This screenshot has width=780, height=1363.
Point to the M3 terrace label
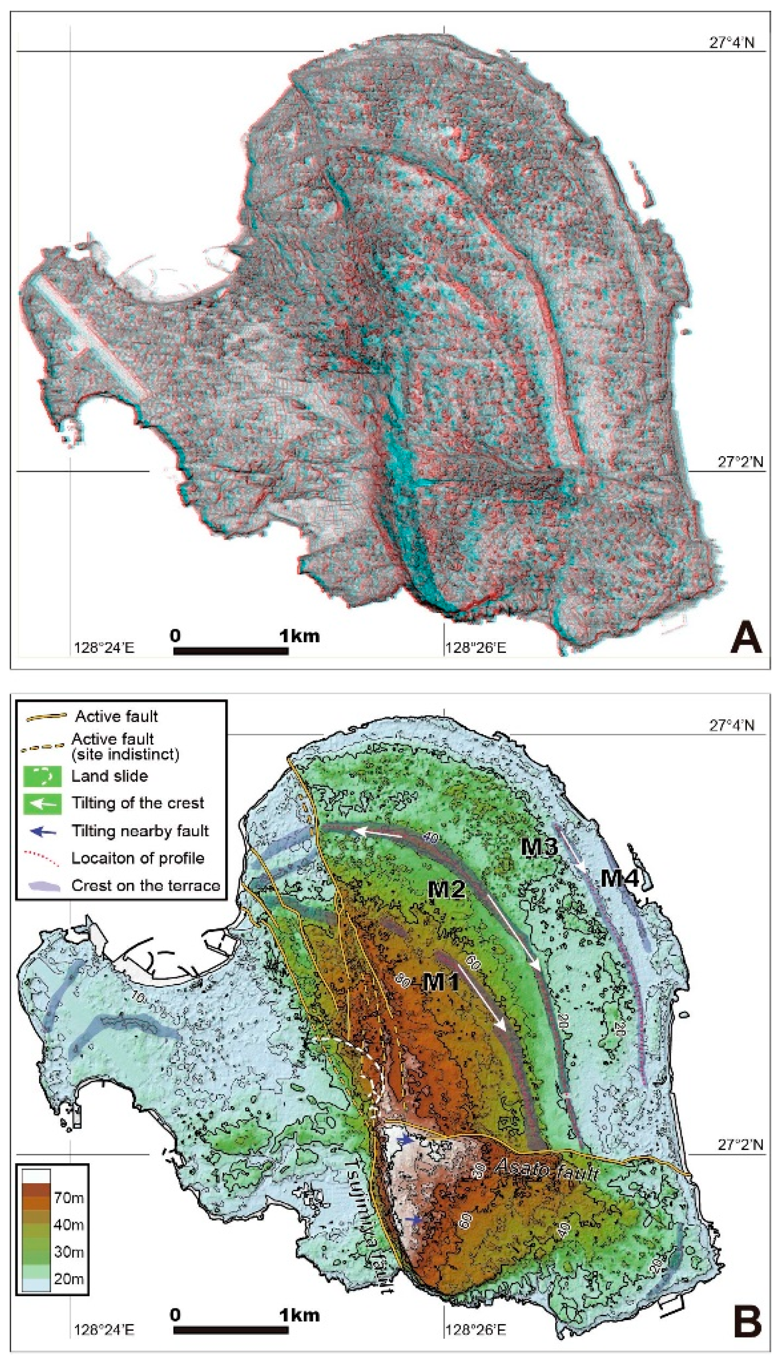tap(540, 846)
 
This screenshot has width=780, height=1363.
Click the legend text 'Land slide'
tap(109, 776)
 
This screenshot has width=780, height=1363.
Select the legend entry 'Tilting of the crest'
tap(137, 803)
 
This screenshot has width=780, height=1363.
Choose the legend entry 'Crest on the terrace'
tap(146, 885)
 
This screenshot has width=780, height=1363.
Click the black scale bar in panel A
tap(231, 651)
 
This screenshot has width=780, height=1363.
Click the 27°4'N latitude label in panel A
tap(732, 42)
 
